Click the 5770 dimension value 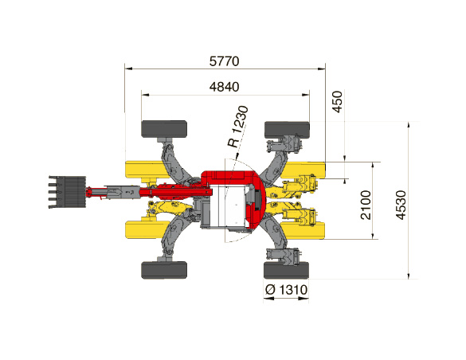point(224,61)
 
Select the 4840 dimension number point(224,87)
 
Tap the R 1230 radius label point(238,127)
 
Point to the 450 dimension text point(337,102)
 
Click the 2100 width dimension point(366,205)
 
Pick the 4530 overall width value point(401,205)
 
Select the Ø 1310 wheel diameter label point(286,289)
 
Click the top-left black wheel point(164,129)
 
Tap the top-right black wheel point(287,130)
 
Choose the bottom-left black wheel point(164,270)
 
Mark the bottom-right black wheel point(286,270)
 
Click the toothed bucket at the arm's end point(67,192)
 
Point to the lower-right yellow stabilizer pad point(304,231)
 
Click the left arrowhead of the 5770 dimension point(129,69)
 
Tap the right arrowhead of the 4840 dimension point(306,95)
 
